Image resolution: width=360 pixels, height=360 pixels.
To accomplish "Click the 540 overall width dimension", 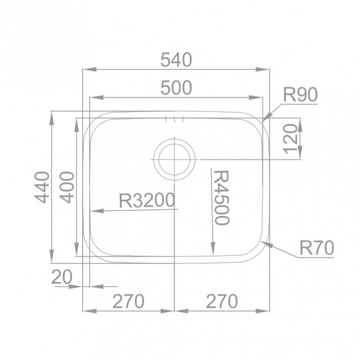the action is pos(176,60).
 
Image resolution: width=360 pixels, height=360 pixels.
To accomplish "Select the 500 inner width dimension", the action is pos(176,88).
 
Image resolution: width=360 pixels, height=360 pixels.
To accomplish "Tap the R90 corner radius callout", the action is pos(300,94).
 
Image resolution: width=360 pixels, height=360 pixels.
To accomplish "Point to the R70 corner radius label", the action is pos(317,248).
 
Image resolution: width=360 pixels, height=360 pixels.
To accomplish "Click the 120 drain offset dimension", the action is pos(290,139).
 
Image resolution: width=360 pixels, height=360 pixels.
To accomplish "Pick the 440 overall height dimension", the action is pos(42,187).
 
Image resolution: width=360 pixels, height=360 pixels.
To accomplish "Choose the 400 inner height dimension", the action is pos(67,187).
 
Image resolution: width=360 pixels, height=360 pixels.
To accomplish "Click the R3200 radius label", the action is pos(147,200).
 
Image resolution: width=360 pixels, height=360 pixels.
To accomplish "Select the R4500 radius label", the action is pos(222,198).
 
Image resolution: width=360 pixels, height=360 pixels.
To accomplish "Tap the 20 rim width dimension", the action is pos(62,277).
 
